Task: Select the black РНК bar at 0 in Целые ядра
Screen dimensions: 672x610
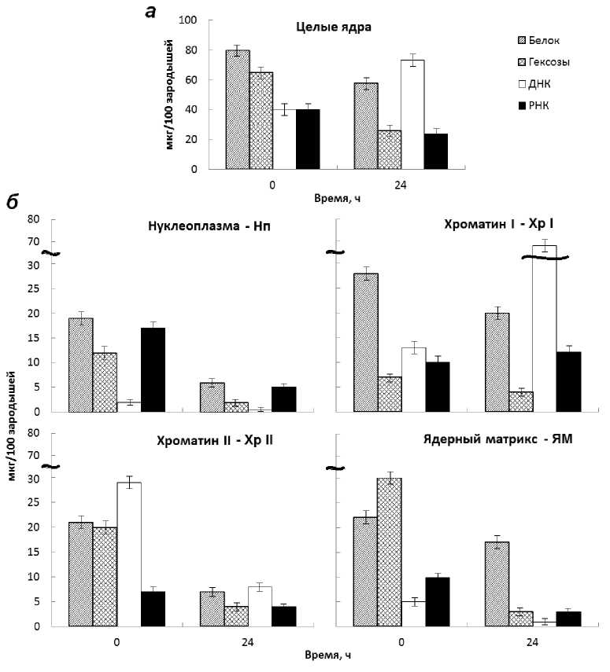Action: click(308, 139)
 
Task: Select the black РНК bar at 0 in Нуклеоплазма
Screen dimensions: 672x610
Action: click(153, 369)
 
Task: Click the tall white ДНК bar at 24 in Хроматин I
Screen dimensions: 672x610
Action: click(544, 330)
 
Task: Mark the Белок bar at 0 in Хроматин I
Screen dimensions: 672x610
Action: click(366, 342)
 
